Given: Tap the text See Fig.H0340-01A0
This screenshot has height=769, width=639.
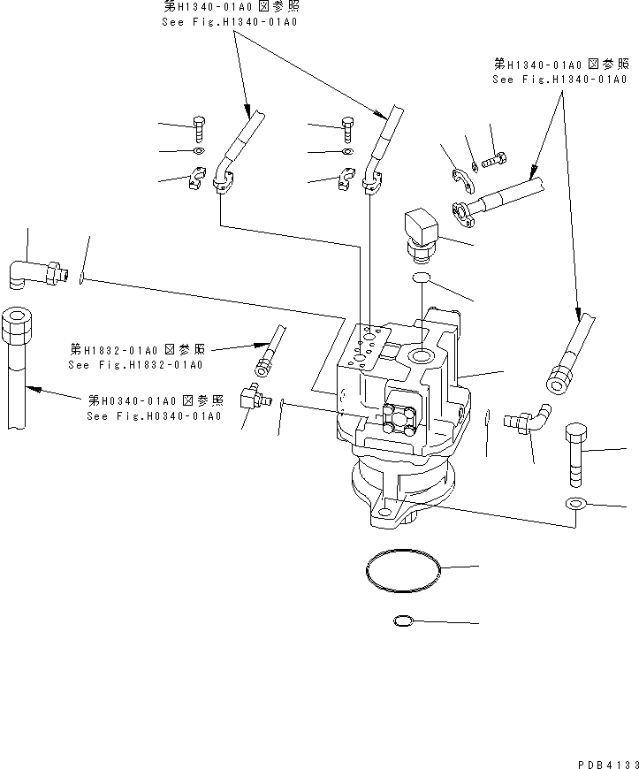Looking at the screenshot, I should (154, 416).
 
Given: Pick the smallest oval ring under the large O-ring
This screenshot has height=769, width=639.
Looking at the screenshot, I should (402, 622).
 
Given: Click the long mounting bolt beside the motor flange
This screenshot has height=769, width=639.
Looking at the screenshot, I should (574, 453).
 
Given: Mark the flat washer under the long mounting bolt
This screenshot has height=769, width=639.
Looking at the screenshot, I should (575, 504).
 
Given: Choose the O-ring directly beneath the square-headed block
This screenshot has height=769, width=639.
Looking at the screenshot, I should (422, 279).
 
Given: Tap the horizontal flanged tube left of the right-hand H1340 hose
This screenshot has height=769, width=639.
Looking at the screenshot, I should (495, 199).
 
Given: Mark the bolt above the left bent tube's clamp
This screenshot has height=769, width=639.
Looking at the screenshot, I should (199, 128).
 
